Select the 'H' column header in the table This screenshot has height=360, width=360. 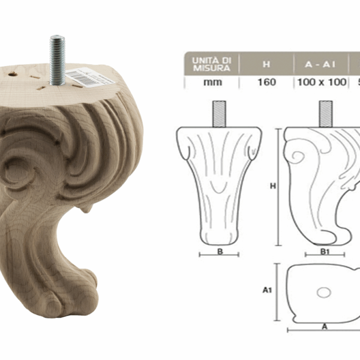click(266, 63)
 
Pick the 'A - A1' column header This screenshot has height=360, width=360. click(321, 63)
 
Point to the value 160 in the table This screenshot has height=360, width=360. click(266, 82)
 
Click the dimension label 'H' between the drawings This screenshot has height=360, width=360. click(273, 186)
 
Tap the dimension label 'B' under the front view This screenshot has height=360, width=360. click(220, 252)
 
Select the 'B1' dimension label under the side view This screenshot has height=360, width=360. click(325, 252)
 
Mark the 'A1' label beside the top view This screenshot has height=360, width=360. click(268, 290)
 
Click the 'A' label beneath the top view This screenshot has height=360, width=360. click(325, 326)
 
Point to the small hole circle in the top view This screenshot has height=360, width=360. click(324, 293)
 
